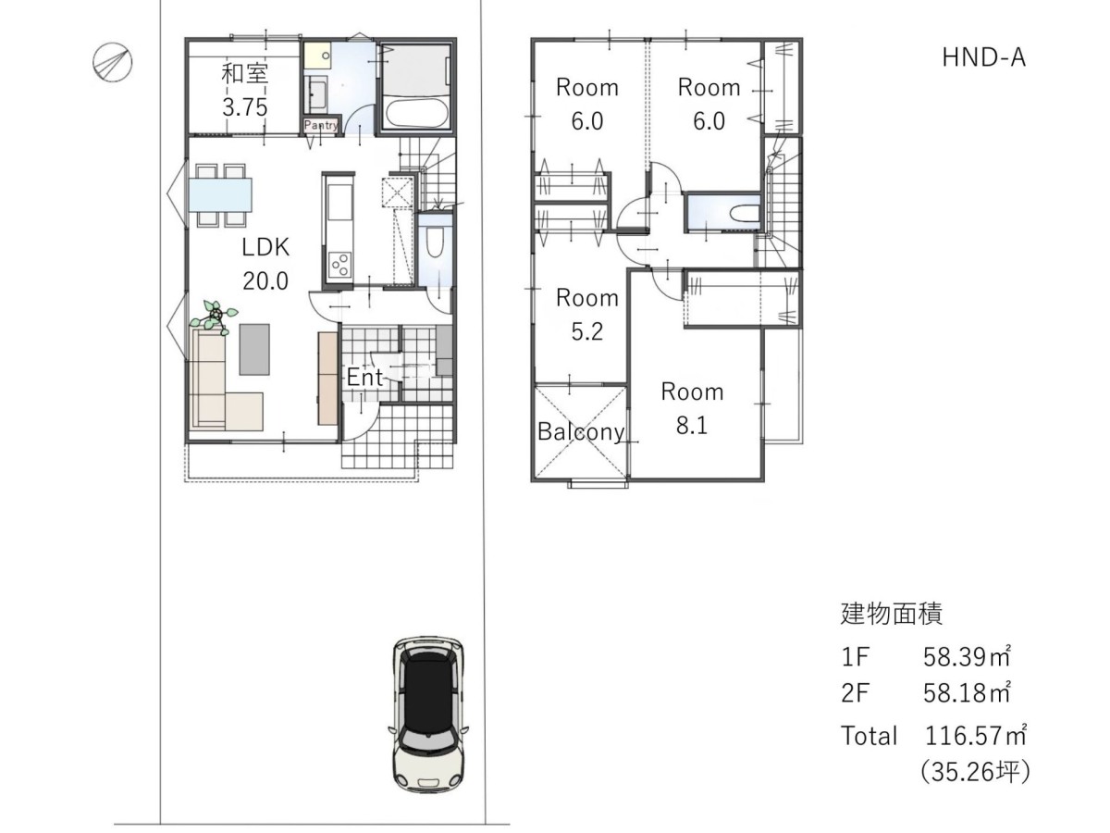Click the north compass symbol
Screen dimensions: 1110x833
click(112, 63)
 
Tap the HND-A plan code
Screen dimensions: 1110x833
click(983, 57)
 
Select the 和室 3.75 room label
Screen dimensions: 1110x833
click(245, 91)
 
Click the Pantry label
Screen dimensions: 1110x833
click(321, 125)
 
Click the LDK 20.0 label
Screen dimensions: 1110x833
click(265, 264)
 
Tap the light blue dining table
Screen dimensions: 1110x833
click(220, 195)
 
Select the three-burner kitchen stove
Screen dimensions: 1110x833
click(339, 264)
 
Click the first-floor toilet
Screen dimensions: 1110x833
click(435, 242)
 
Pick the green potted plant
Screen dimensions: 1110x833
click(215, 317)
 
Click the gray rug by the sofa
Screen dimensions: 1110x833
click(253, 350)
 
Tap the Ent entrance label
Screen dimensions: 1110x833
click(364, 378)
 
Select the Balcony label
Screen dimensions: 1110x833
click(581, 431)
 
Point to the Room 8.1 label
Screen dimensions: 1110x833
click(692, 409)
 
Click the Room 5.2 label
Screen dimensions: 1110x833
click(587, 315)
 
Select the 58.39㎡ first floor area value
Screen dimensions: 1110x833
click(967, 656)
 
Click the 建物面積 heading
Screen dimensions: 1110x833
click(892, 614)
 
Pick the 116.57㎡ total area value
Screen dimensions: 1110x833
click(976, 736)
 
